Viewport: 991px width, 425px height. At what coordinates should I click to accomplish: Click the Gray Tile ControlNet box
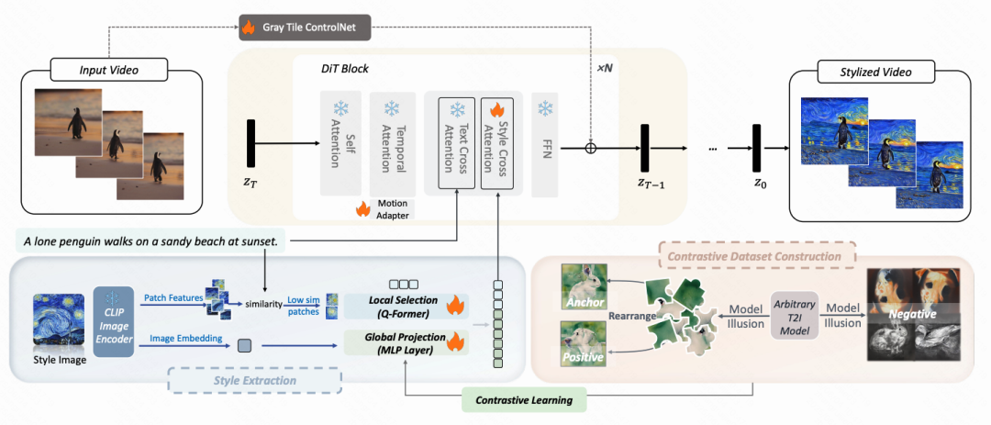click(304, 28)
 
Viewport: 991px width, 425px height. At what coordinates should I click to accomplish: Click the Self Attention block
click(340, 142)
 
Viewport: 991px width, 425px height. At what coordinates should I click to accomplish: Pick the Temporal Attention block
click(393, 143)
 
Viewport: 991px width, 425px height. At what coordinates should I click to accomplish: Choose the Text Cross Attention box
click(456, 143)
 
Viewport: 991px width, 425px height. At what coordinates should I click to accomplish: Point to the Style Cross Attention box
click(500, 143)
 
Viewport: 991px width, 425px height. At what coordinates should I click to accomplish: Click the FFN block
click(545, 143)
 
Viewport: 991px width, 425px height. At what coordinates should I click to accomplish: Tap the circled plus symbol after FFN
click(590, 148)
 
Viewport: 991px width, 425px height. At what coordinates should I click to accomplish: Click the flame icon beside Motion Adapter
click(363, 208)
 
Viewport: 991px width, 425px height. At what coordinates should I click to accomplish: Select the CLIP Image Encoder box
click(114, 320)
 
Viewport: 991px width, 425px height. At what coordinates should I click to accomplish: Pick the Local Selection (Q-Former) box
click(406, 306)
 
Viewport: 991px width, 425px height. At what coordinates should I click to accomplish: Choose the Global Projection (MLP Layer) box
click(406, 342)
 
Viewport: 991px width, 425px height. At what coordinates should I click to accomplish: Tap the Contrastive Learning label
click(524, 400)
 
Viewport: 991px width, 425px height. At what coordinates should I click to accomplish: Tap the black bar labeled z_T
click(251, 148)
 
